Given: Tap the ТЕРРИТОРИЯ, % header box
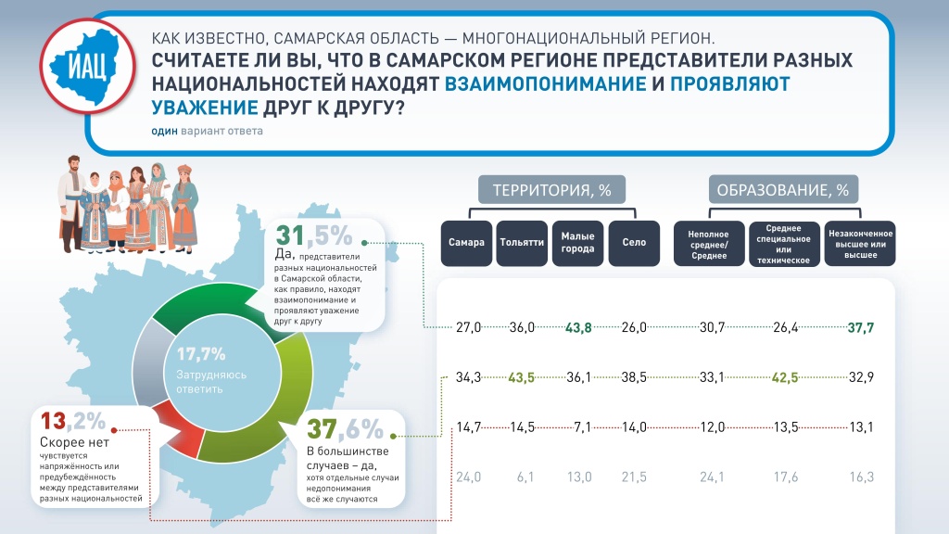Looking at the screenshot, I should pos(551,191).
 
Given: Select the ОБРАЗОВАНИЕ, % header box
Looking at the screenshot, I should pos(783,191).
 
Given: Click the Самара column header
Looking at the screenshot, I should pos(466,243).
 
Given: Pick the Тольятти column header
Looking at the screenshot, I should pos(522,243).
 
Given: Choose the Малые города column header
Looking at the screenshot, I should pos(577,243).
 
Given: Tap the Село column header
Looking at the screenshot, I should pos(633,243).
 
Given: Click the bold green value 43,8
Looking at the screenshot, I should pos(578,327).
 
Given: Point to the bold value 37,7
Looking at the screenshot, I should pos(861,327).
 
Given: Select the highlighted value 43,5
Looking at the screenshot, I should pos(524,377).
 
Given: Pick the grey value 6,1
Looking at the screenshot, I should pos(524,477).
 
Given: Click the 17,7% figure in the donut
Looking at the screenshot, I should pos(201,353).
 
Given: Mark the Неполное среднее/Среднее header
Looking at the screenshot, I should pos(709,243).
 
